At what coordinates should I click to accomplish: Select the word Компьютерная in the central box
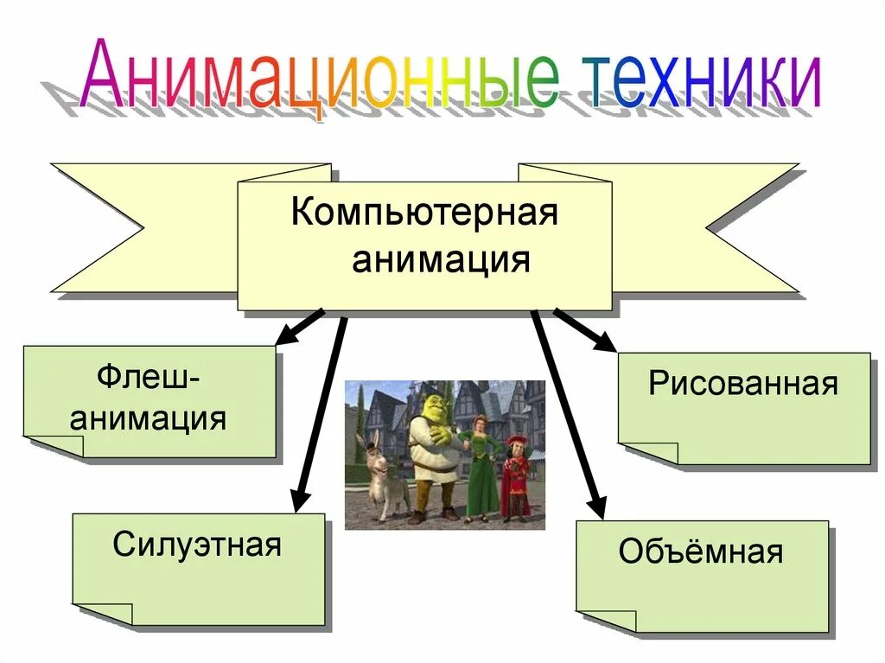(x=424, y=212)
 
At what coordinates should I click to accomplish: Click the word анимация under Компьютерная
(x=441, y=258)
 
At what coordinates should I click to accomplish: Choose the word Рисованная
(x=743, y=384)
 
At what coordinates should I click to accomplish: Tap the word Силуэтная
(x=197, y=545)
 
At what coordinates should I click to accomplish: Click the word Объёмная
(x=701, y=551)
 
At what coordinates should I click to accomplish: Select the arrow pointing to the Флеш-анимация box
(x=298, y=328)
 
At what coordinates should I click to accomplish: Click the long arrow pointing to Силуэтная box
(x=320, y=415)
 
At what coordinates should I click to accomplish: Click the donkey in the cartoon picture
(x=380, y=480)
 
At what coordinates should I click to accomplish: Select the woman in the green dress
(x=480, y=467)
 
